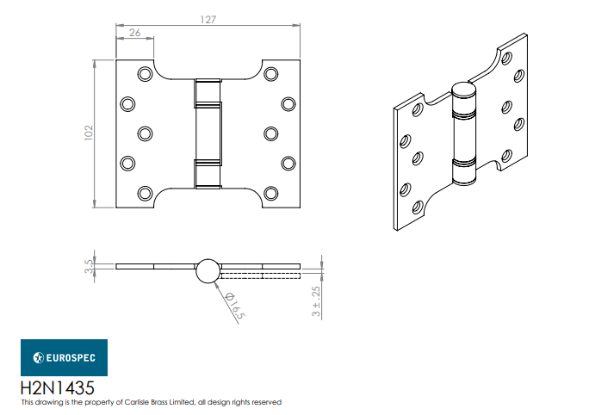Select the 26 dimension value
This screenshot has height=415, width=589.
[x=135, y=33]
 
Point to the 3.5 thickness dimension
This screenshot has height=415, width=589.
[x=89, y=265]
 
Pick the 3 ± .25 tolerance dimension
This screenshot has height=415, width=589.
[x=316, y=301]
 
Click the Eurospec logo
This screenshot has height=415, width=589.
[x=64, y=357]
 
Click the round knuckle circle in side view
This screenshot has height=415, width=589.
[x=208, y=270]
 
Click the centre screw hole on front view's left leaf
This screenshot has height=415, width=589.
[x=144, y=133]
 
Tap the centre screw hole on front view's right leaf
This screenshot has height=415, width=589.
[x=271, y=133]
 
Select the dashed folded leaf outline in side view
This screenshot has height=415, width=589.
[x=258, y=276]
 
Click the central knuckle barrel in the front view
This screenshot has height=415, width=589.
[x=208, y=133]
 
